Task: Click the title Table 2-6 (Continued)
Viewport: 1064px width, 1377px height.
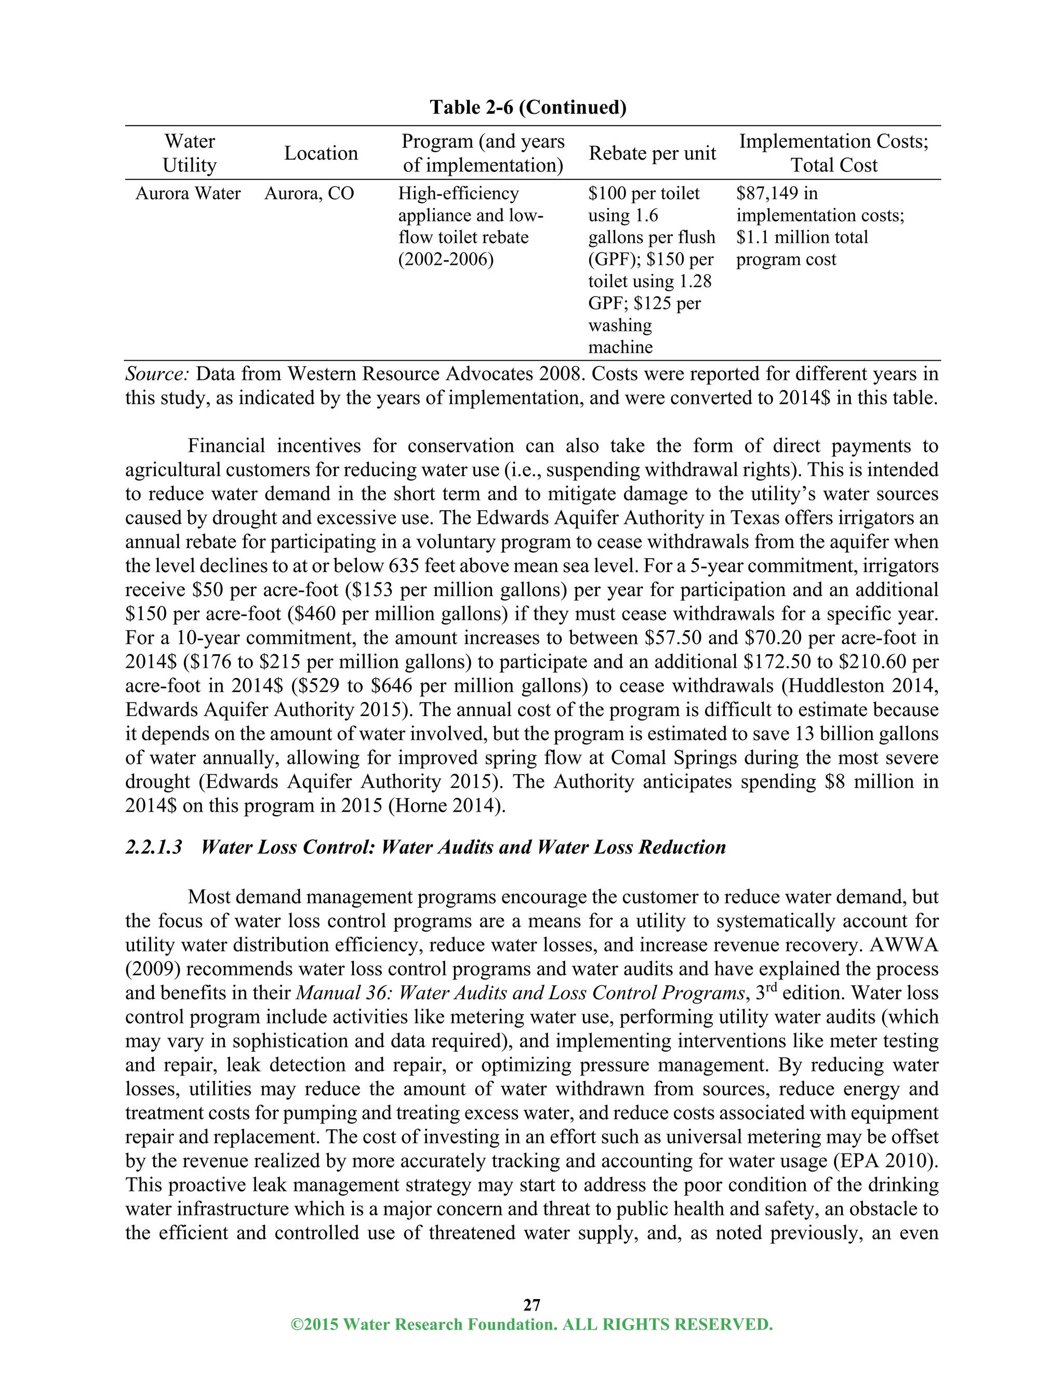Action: point(528,107)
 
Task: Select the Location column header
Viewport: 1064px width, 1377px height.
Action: point(321,153)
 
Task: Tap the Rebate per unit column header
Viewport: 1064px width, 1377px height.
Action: point(653,153)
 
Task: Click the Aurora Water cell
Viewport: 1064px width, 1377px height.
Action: point(188,194)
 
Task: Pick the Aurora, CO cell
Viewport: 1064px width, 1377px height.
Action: point(309,194)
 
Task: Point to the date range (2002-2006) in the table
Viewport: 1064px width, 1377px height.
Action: point(446,260)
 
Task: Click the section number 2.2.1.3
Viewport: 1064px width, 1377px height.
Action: point(153,847)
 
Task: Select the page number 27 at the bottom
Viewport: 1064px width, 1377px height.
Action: point(532,1304)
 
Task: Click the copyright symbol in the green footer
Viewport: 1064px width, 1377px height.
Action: point(296,1325)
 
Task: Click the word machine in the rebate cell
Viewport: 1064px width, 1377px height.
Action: point(620,348)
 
